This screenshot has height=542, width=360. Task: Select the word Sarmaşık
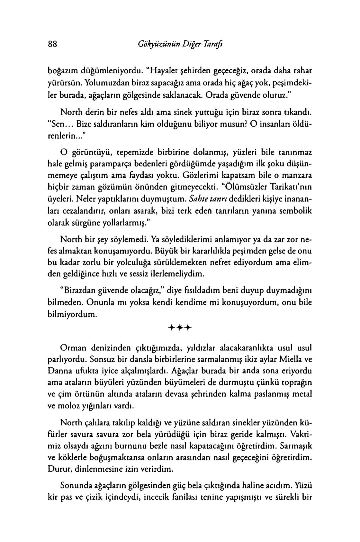(295, 445)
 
